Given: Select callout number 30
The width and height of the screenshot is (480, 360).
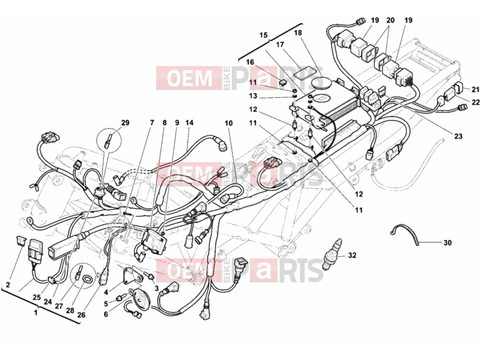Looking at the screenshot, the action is [447, 243].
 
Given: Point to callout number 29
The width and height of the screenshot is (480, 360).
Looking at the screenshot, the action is [125, 123].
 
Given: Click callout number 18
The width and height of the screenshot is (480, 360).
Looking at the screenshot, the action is [298, 33].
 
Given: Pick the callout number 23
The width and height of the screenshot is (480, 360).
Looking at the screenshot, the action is [458, 136].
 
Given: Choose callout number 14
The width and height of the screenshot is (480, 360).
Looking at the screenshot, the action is [189, 123].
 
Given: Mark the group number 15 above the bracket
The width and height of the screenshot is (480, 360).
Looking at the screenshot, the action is [264, 35].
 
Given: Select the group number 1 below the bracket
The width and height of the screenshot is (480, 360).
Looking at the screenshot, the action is [36, 313].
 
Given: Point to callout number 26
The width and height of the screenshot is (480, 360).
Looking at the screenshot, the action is [82, 314].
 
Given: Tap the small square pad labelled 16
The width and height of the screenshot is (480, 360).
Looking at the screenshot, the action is [284, 82].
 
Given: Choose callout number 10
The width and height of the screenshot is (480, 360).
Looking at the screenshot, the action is [228, 123].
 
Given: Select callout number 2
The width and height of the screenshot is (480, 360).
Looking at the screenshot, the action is [8, 285].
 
